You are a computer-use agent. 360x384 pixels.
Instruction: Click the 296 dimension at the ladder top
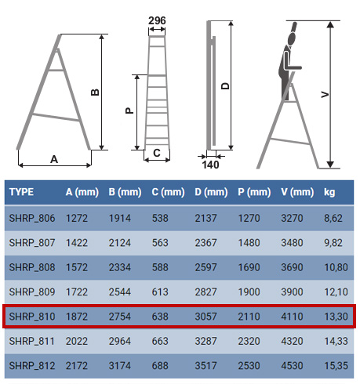click(157, 20)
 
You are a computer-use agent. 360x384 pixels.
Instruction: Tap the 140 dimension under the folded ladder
click(210, 165)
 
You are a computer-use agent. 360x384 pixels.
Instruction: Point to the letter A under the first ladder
click(54, 159)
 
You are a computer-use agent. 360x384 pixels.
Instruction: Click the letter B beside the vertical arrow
click(95, 92)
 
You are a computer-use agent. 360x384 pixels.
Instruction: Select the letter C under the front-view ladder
click(157, 153)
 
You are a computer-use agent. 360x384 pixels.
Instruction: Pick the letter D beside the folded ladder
click(225, 86)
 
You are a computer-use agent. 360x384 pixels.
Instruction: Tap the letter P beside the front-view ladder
click(129, 110)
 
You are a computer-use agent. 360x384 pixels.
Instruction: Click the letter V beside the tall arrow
click(325, 94)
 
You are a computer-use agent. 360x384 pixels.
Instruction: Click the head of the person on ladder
click(292, 39)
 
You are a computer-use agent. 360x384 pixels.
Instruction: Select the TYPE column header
click(21, 192)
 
